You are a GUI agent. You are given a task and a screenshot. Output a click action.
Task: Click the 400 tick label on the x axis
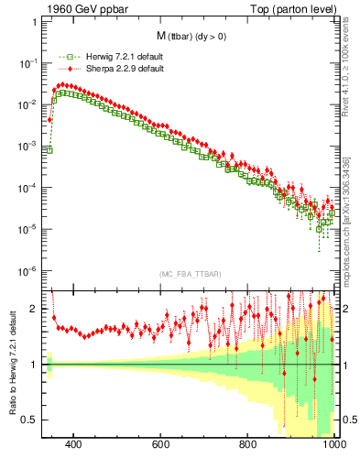(74, 444)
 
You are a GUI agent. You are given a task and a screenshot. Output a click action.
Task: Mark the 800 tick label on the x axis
(248, 444)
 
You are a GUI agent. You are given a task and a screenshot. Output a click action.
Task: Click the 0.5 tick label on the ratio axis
(31, 420)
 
